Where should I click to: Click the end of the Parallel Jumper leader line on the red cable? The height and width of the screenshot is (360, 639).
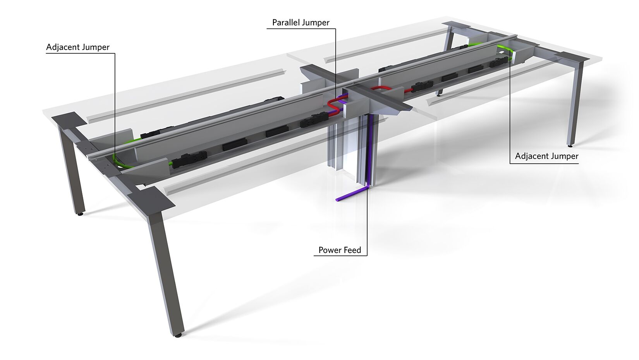(x=335, y=100)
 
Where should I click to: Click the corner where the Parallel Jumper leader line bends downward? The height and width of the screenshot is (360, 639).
(x=335, y=29)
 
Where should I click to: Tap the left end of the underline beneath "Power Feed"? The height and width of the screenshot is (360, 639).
(x=314, y=255)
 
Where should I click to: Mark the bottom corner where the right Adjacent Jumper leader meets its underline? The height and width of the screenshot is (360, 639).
(x=510, y=163)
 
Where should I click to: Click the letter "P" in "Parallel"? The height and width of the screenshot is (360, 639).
(x=275, y=22)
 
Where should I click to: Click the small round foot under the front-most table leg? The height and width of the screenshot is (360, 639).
(x=178, y=336)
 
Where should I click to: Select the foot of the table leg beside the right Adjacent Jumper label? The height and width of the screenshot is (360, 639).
(x=570, y=146)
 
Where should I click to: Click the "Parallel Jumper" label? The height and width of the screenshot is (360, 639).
(x=301, y=22)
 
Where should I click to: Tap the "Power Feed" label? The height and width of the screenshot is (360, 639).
(x=340, y=250)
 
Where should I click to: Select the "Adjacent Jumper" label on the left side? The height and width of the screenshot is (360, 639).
(x=78, y=47)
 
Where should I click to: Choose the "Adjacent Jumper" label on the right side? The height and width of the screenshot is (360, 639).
(x=547, y=156)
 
